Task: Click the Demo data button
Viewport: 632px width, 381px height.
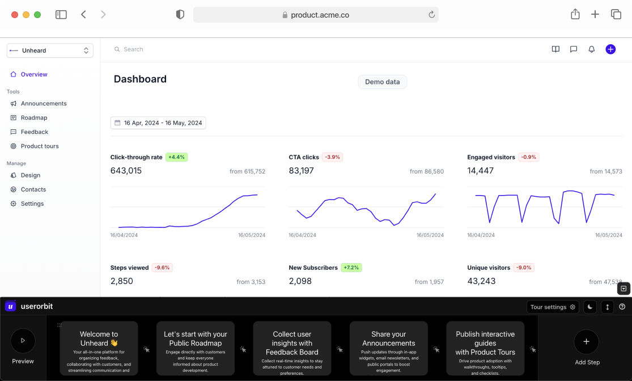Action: point(382,82)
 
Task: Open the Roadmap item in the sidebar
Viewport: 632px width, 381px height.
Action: point(33,118)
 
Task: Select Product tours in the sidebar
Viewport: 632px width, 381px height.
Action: point(39,146)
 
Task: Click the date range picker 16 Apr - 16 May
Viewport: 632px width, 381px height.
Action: point(158,123)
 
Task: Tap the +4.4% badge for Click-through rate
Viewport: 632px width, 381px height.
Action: point(176,157)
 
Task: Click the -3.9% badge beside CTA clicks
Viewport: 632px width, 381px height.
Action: point(332,157)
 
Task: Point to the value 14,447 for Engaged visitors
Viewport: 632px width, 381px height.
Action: point(480,171)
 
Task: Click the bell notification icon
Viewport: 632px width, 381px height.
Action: point(591,49)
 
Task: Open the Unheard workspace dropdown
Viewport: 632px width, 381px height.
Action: point(50,50)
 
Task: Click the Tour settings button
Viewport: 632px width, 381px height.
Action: point(552,307)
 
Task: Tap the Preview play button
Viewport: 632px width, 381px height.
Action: point(23,341)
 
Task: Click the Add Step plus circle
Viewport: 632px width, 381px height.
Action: point(586,342)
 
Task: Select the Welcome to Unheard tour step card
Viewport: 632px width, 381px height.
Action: point(99,348)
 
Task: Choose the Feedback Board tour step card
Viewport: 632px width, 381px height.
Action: point(292,348)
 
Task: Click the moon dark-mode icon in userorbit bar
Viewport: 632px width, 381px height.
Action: point(590,307)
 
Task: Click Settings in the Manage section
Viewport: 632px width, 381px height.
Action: point(32,204)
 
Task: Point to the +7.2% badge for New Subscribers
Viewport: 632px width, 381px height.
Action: point(351,268)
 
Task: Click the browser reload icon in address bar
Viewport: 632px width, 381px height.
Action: point(431,15)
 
